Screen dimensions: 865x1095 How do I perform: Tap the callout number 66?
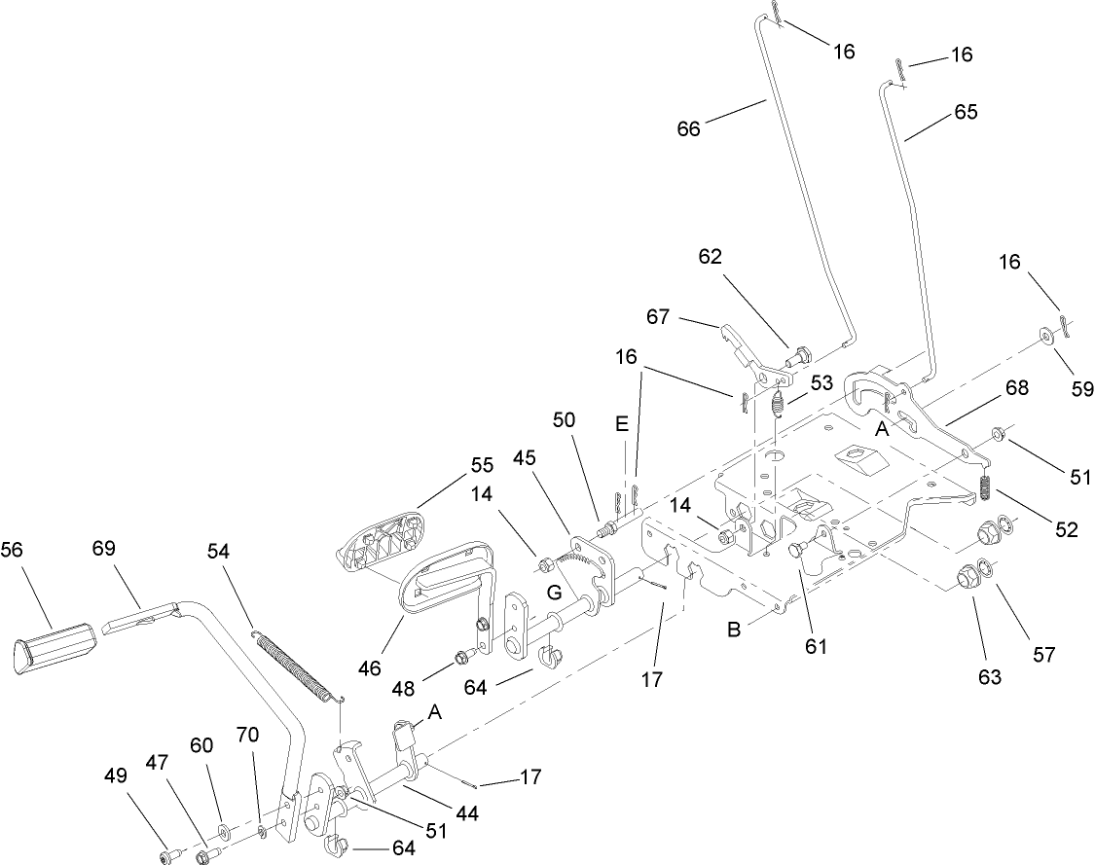tap(688, 128)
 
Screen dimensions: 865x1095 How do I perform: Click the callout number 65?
tap(966, 112)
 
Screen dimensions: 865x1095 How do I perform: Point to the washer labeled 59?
tap(1044, 336)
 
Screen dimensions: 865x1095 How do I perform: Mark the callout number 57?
tap(1043, 654)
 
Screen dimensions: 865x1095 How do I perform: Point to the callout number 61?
tap(816, 644)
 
